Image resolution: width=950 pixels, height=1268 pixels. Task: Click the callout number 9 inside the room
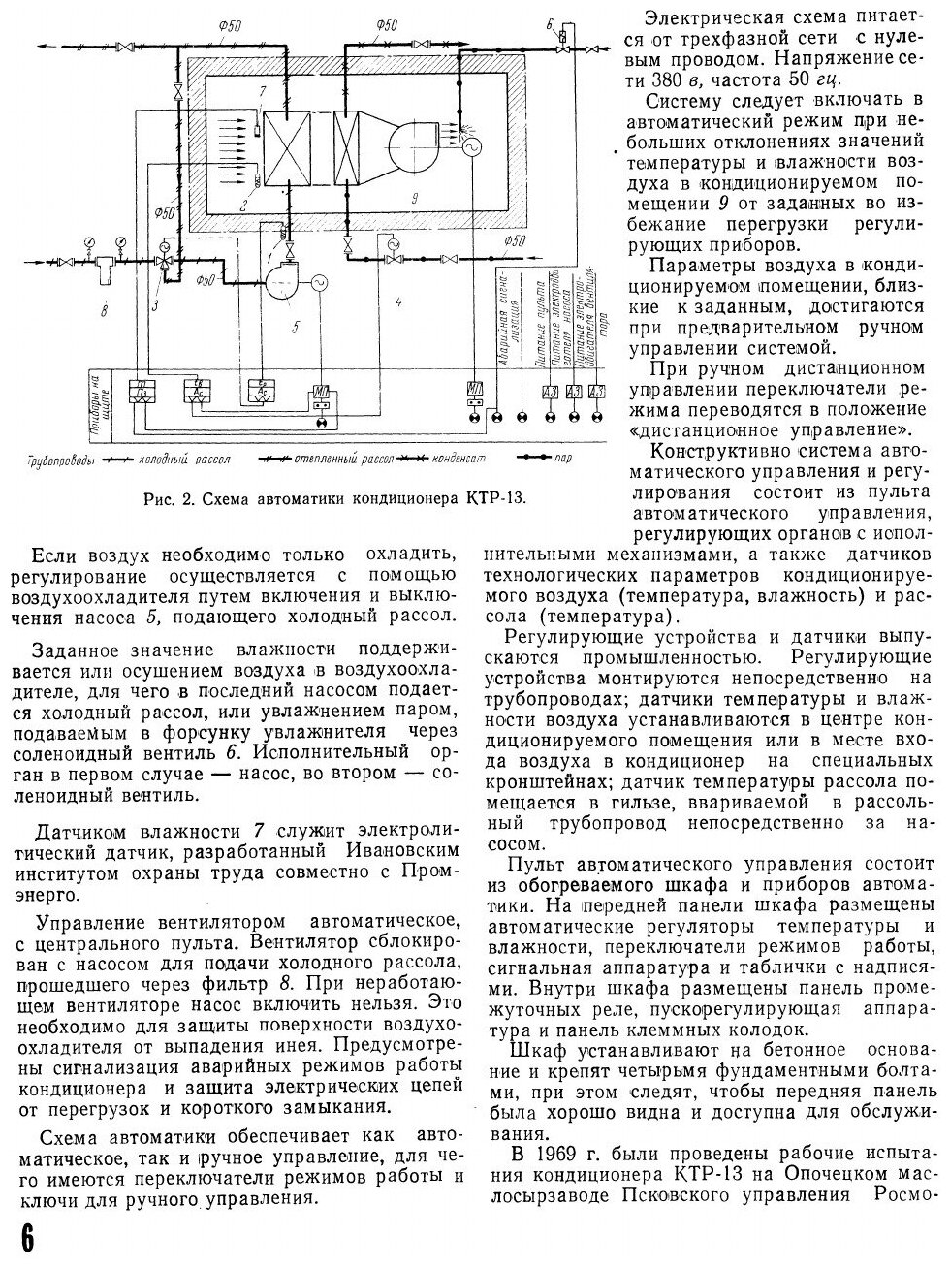pyautogui.click(x=414, y=199)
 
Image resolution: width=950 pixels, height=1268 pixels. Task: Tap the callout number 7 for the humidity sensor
pyautogui.click(x=261, y=90)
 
